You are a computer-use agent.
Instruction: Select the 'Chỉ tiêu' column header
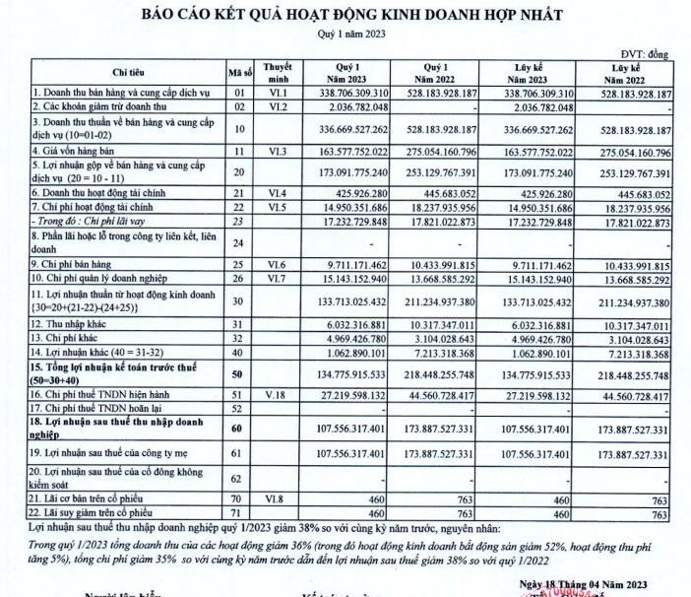coord(128,73)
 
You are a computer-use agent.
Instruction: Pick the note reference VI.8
coord(279,499)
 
